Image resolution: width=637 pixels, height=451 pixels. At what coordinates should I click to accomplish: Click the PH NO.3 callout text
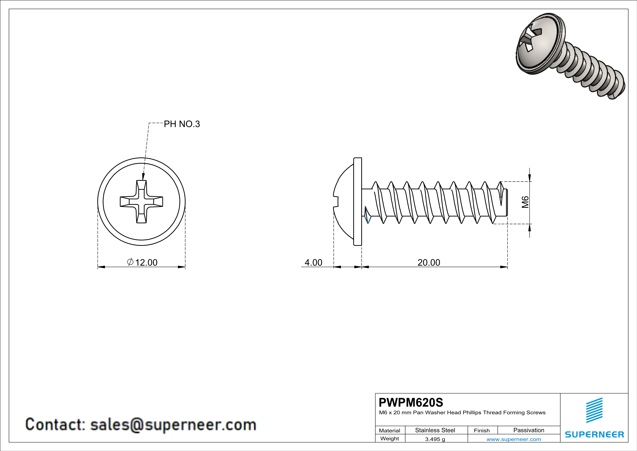coord(182,124)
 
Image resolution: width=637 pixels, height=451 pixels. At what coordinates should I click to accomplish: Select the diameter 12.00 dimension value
coord(143,262)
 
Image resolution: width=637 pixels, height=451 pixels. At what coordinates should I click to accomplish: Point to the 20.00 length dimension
coord(429,262)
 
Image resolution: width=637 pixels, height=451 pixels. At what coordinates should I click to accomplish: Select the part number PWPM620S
coord(411,402)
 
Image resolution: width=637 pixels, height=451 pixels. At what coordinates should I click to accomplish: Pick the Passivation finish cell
coord(529,430)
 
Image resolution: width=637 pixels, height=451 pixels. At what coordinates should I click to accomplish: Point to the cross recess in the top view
coord(141,202)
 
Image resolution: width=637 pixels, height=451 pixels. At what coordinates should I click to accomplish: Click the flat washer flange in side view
coord(358,202)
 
